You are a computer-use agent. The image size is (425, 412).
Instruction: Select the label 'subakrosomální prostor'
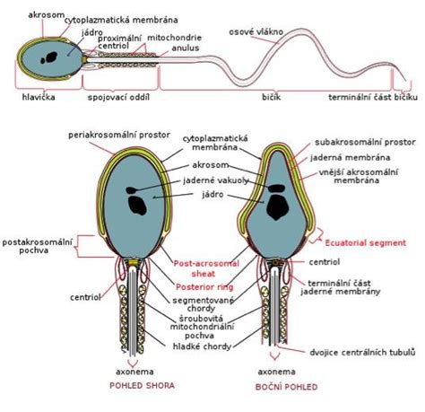(365, 142)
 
